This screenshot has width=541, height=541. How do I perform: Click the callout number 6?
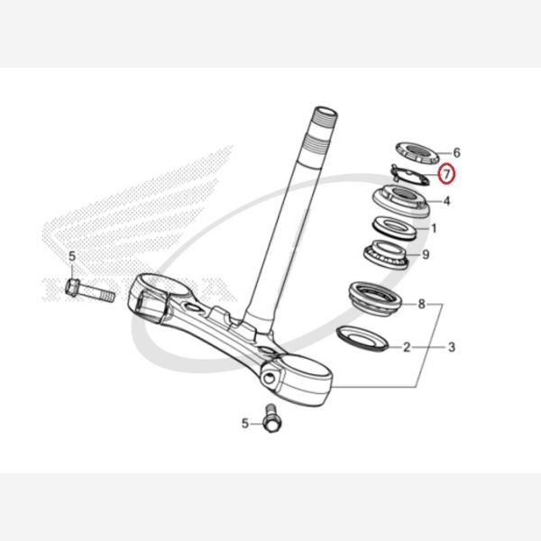456,152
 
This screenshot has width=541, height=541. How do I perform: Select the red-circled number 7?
447,174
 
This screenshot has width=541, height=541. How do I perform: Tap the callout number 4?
447,201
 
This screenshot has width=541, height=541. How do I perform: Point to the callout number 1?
434,228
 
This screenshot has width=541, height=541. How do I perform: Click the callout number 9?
426,254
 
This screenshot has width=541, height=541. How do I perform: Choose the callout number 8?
422,305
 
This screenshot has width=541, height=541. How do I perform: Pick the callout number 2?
408,347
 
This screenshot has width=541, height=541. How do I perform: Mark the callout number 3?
452,347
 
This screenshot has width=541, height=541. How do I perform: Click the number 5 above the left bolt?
72,257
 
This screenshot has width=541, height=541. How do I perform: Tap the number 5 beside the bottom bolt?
245,424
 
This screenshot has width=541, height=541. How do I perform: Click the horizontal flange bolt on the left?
89,291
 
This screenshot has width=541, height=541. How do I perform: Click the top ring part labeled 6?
417,153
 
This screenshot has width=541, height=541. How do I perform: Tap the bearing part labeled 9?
387,255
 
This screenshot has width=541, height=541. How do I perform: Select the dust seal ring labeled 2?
362,338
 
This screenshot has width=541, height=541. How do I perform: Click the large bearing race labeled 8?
376,298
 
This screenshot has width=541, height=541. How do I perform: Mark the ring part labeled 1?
395,228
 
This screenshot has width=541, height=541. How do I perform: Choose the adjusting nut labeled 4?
401,200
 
